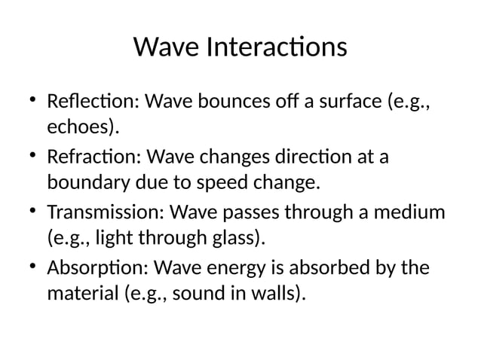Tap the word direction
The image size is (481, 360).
click(326, 159)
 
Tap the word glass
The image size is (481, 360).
click(240, 239)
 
